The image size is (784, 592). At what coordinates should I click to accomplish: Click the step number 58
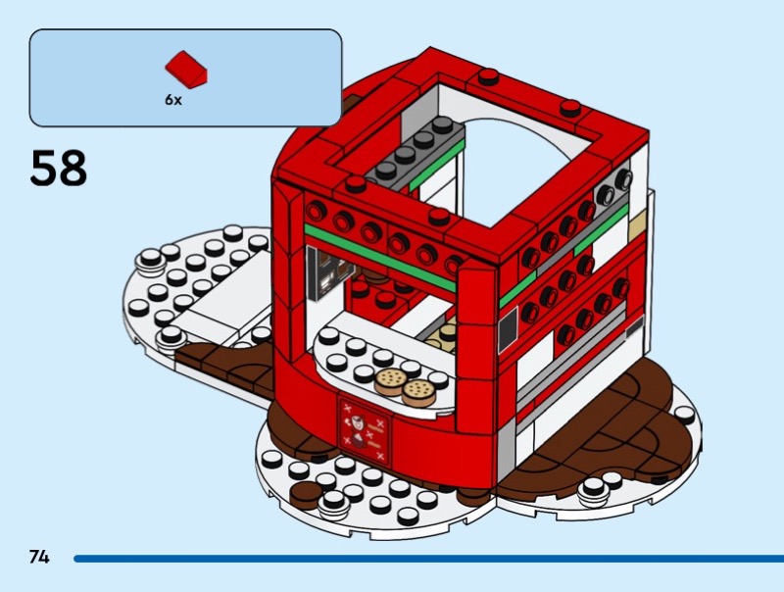click(59, 168)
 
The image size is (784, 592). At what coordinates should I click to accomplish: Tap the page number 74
click(39, 557)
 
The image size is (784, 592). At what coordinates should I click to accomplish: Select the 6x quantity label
click(172, 100)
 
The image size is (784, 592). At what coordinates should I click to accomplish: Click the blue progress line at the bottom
click(421, 559)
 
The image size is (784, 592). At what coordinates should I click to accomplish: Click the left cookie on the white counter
click(391, 381)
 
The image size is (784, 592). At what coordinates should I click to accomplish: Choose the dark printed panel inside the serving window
click(320, 271)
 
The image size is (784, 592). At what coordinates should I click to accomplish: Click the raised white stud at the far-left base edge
click(149, 261)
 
